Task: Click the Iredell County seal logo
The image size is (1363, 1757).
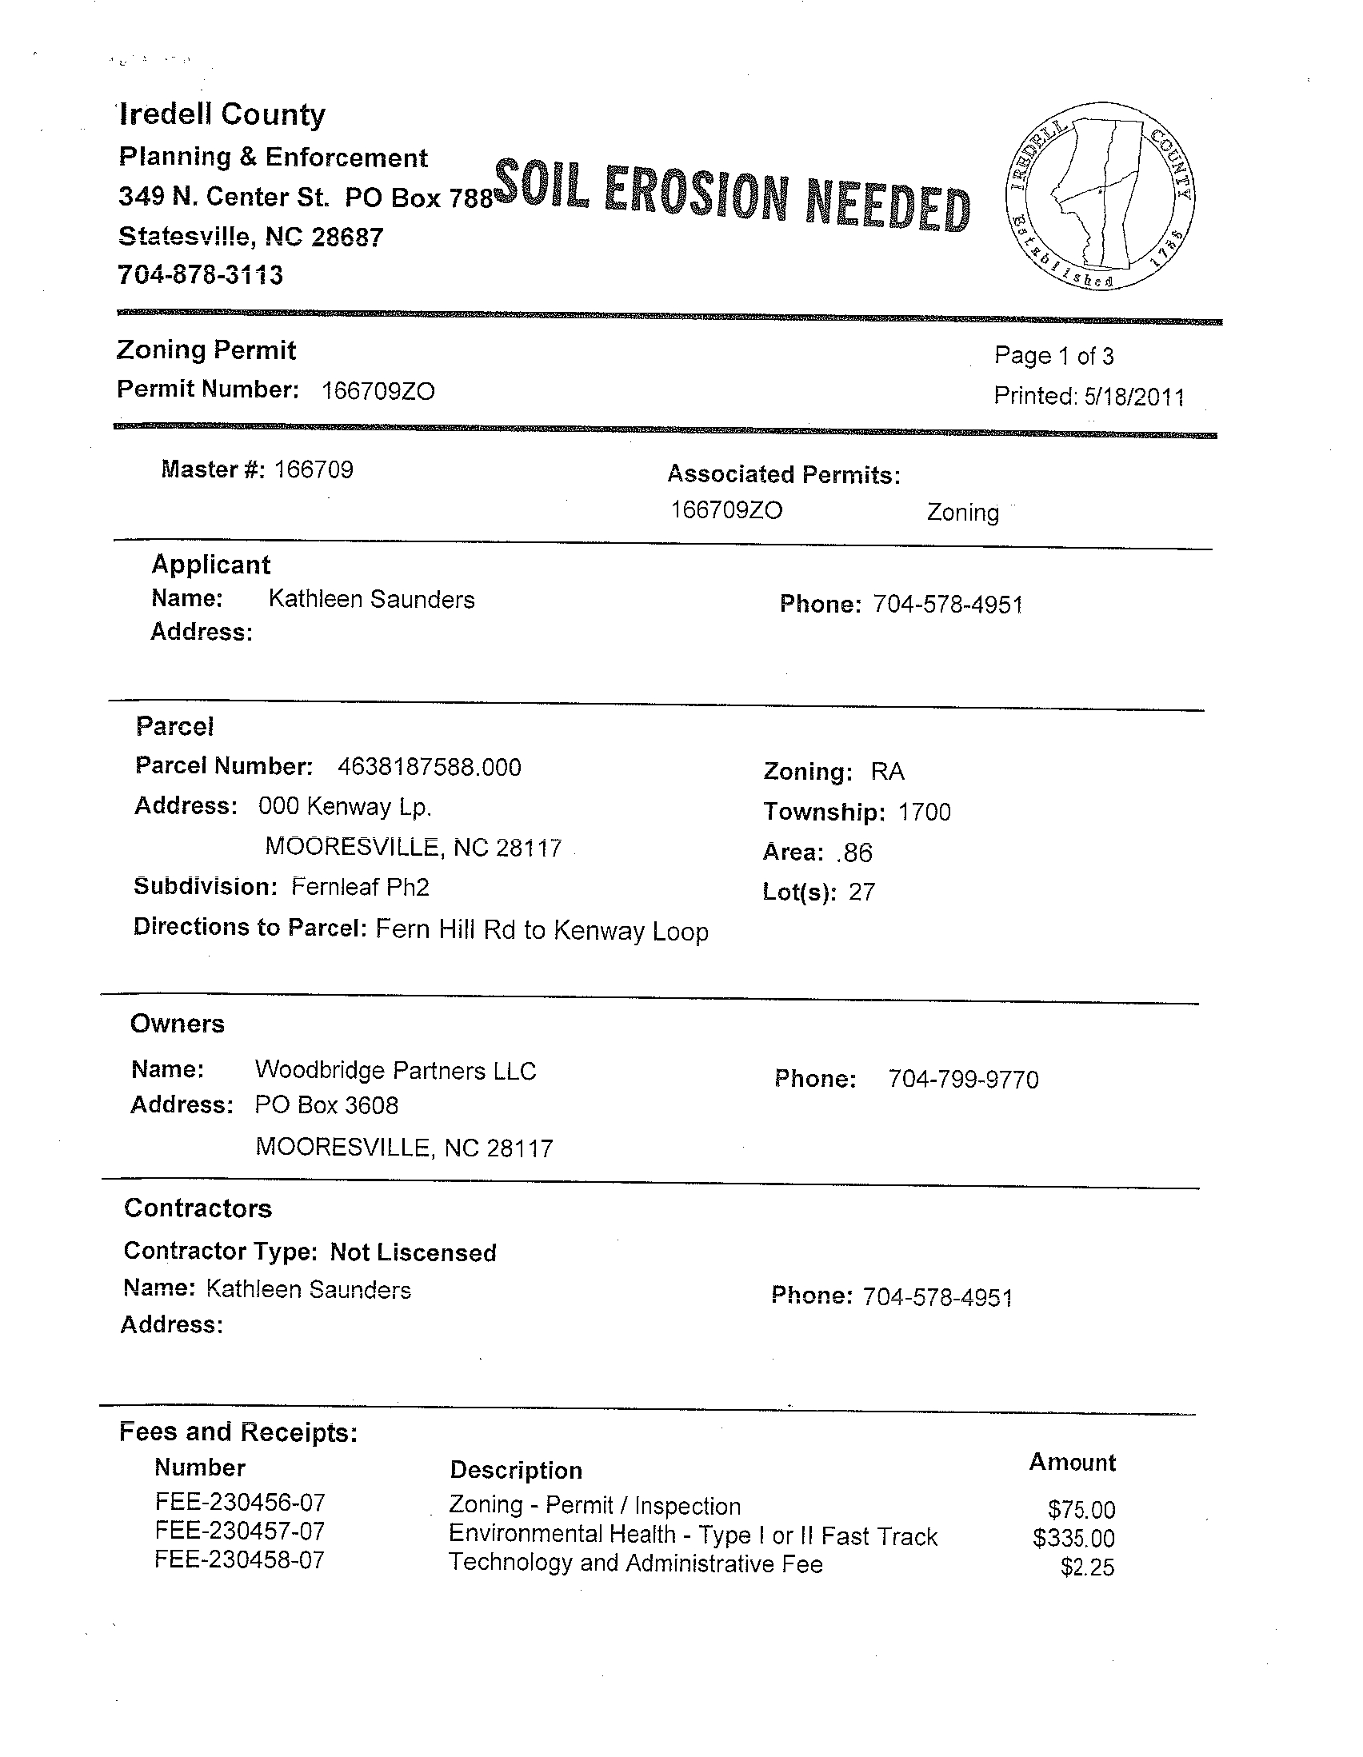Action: point(1099,195)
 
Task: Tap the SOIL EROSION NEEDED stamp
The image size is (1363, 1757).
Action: point(731,196)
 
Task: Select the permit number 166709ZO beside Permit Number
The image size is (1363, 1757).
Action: point(378,392)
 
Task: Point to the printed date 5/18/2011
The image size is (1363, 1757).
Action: point(1133,397)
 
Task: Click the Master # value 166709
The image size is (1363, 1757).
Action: point(314,469)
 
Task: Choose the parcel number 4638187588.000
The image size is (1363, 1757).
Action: point(430,767)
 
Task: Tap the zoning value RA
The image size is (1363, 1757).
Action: point(888,773)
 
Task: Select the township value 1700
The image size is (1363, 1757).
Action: point(925,813)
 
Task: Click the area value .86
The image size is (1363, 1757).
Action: point(854,853)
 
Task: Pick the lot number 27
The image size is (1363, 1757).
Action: point(861,892)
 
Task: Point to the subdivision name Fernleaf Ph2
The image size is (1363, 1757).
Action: point(361,888)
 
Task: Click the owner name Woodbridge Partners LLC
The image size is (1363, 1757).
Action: point(395,1071)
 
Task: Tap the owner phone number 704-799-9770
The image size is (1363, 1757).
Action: point(963,1080)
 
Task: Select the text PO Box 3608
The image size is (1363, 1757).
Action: point(326,1105)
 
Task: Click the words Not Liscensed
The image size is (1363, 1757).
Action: point(414,1252)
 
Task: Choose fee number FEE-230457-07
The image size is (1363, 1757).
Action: point(240,1531)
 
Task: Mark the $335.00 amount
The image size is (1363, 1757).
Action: point(1074,1539)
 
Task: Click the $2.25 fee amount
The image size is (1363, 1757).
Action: point(1088,1567)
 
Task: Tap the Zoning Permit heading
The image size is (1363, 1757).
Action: point(207,350)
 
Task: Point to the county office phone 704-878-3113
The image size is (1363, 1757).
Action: point(200,275)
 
